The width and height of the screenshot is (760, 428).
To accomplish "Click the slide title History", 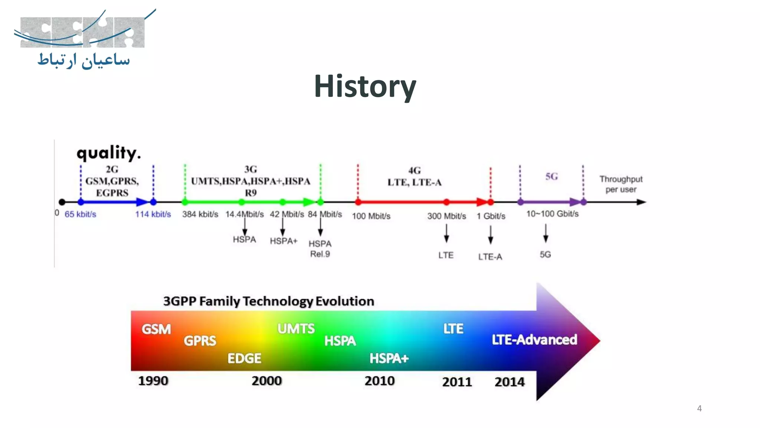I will (365, 86).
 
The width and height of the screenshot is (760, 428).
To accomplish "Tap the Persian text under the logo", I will (84, 60).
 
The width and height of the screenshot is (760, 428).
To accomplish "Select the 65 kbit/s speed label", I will (80, 214).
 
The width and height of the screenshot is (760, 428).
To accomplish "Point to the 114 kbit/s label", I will (153, 214).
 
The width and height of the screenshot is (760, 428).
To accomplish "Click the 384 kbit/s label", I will (200, 214).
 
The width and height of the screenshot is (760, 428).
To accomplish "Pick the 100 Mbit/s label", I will (371, 216).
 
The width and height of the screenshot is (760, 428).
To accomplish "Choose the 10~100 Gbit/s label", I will (552, 214).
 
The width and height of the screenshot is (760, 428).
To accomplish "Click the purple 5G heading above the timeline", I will (551, 176).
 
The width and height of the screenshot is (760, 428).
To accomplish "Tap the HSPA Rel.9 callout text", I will (320, 249).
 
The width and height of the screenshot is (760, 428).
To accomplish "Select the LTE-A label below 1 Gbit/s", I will (490, 257).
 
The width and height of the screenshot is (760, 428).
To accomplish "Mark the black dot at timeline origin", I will (62, 202).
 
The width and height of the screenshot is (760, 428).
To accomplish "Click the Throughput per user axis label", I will (621, 184).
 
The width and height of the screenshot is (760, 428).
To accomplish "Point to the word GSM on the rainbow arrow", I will (156, 329).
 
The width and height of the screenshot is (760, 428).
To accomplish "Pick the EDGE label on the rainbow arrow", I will (244, 359).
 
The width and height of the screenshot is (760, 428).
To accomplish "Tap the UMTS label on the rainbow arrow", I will (296, 329).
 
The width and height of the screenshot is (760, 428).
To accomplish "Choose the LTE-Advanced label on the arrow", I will (534, 340).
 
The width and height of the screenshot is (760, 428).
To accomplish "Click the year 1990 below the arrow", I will (153, 381).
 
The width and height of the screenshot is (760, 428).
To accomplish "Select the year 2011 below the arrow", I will (457, 382).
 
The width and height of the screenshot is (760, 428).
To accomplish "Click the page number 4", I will (699, 408).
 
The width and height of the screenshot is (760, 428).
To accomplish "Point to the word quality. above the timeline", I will (109, 153).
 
